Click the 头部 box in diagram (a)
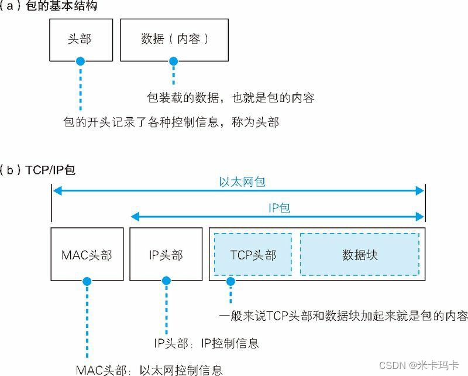coord(80,39)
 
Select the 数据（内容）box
coord(174,39)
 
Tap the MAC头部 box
coord(87,255)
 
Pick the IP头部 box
coord(166,255)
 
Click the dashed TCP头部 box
coord(253,255)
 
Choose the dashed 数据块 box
coord(359,255)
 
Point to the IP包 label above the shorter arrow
coord(278,208)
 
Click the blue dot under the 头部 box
coord(80,61)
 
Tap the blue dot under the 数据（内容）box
coord(173,61)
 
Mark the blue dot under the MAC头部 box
coord(87,282)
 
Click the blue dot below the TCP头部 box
coord(230,282)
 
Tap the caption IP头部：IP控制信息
coord(206,343)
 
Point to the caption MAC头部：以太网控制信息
coord(149,370)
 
